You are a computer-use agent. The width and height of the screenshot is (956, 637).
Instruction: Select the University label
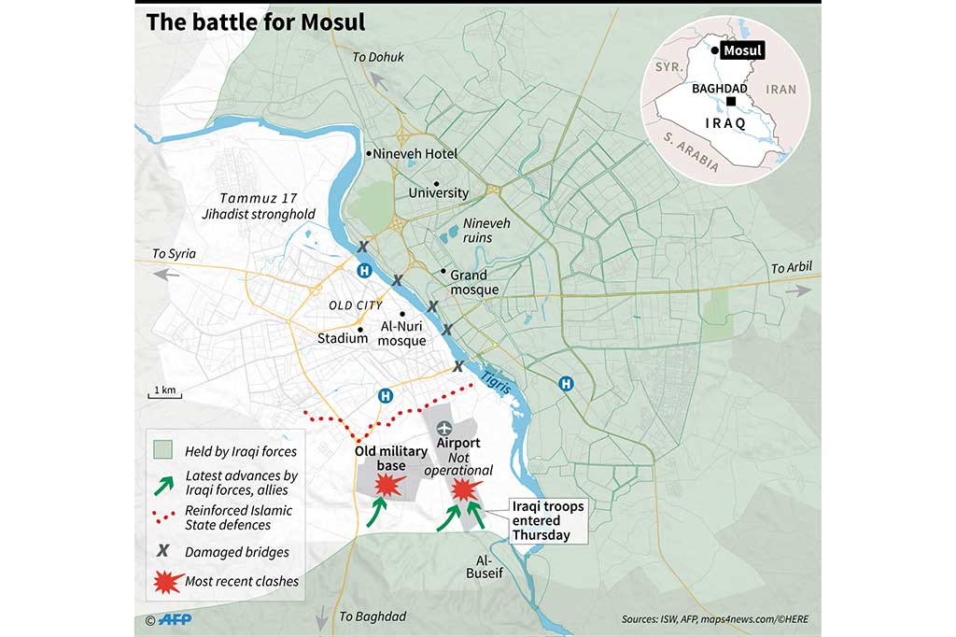pos(438,192)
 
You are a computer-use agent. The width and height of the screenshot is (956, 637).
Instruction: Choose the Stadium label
pos(343,338)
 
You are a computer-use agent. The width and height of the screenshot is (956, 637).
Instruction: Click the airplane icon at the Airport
pos(443,428)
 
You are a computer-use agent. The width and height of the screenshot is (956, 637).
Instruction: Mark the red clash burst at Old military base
pos(387,484)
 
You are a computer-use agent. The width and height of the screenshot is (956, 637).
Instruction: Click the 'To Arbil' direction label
pos(791,269)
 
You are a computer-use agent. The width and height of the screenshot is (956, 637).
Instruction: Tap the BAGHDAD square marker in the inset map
pos(733,102)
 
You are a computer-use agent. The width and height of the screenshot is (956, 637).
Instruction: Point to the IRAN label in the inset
pos(780,88)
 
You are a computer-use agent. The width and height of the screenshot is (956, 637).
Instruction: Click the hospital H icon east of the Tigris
pos(566,383)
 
